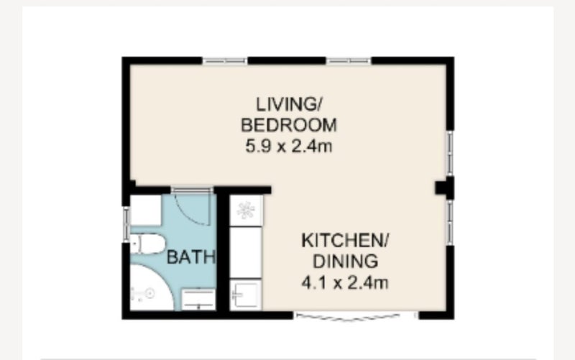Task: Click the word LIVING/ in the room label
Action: pyautogui.click(x=288, y=104)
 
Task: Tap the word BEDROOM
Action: pyautogui.click(x=289, y=125)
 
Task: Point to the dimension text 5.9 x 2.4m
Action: pyautogui.click(x=289, y=147)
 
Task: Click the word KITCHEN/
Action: pyautogui.click(x=345, y=241)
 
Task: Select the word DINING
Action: pyautogui.click(x=345, y=262)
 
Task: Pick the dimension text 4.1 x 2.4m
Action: pyautogui.click(x=345, y=282)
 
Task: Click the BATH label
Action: pyautogui.click(x=190, y=257)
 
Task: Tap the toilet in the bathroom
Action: pyautogui.click(x=147, y=244)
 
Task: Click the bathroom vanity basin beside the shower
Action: pyautogui.click(x=198, y=300)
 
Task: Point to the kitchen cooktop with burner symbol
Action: pyautogui.click(x=246, y=211)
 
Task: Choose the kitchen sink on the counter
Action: pyautogui.click(x=246, y=295)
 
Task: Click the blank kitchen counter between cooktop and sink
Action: pyautogui.click(x=245, y=253)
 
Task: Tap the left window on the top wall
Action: pyautogui.click(x=225, y=60)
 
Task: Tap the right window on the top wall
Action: pyautogui.click(x=349, y=60)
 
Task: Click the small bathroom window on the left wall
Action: pyautogui.click(x=126, y=224)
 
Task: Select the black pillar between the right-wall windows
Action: pyautogui.click(x=445, y=188)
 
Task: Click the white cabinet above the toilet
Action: pyautogui.click(x=146, y=211)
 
